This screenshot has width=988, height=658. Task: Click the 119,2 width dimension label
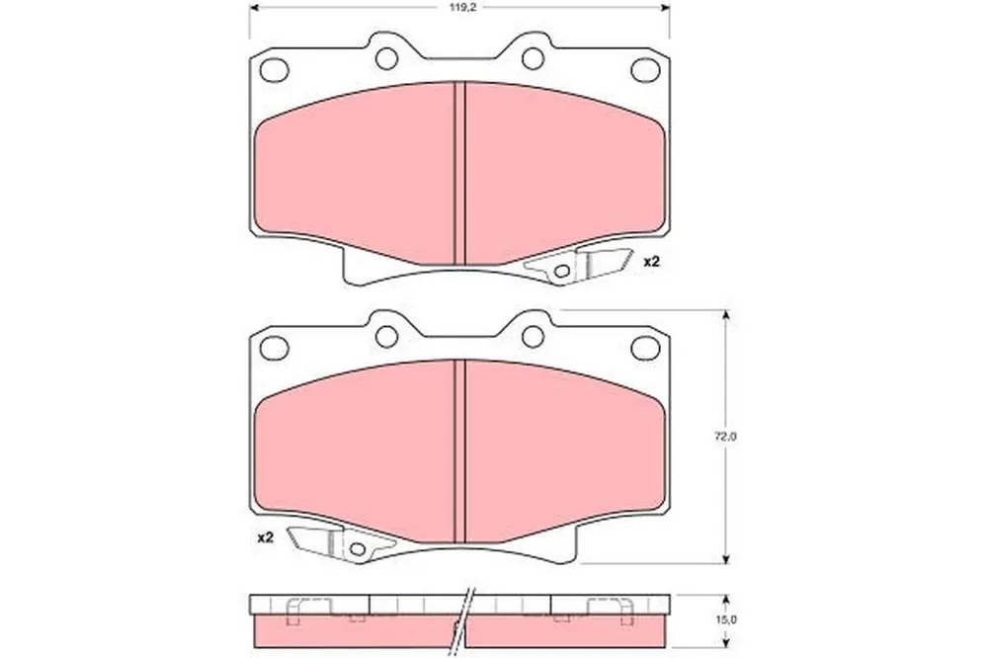458,9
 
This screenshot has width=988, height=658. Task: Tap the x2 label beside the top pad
651,262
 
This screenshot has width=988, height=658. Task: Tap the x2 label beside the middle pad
266,537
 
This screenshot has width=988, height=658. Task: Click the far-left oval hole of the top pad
275,69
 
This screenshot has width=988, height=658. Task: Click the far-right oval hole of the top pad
644,69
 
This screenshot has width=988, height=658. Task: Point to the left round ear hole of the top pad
387,58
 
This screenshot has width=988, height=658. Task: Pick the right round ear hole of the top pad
534,58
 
